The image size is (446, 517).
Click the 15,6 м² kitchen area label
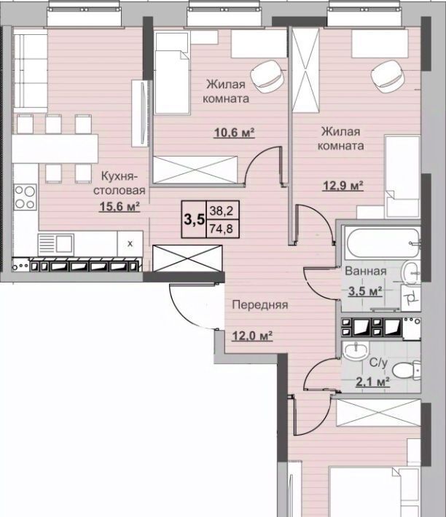click(x=120, y=207)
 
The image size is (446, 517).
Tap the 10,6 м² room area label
click(x=234, y=133)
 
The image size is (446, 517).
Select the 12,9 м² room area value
click(x=343, y=186)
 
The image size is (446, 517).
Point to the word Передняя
click(x=260, y=304)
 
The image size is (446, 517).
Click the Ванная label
click(x=366, y=271)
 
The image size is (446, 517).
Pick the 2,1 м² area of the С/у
click(x=373, y=382)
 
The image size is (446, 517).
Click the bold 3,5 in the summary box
click(x=194, y=219)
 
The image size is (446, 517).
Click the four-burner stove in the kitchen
click(x=25, y=197)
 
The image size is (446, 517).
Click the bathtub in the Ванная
click(x=383, y=244)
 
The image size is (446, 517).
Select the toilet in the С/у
click(x=407, y=370)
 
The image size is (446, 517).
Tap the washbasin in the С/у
click(x=356, y=352)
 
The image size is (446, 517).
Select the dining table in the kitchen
click(x=55, y=149)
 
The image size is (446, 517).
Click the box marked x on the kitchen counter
click(x=130, y=244)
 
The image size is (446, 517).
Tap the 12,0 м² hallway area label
click(x=252, y=336)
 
